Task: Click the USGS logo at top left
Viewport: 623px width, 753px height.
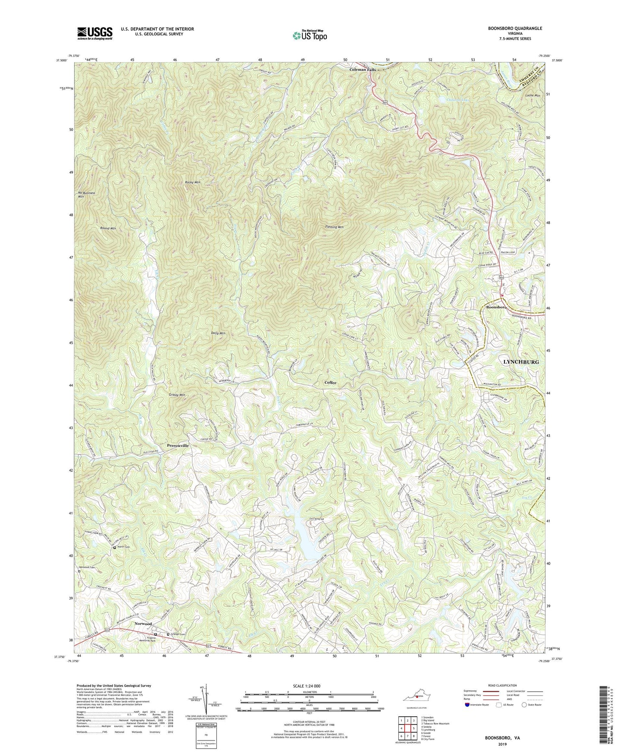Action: pyautogui.click(x=95, y=33)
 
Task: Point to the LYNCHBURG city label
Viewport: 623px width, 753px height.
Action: pyautogui.click(x=521, y=362)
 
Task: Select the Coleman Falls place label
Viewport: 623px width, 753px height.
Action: pyautogui.click(x=362, y=69)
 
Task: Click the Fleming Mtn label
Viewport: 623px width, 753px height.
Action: pyautogui.click(x=334, y=227)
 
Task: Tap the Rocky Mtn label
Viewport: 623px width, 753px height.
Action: pyautogui.click(x=192, y=183)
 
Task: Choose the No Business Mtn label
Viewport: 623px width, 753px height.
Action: pyautogui.click(x=86, y=195)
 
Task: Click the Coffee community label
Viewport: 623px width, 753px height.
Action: pyautogui.click(x=330, y=383)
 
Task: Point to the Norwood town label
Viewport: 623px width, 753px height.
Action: pyautogui.click(x=143, y=624)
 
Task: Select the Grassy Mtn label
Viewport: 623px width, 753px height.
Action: pyautogui.click(x=177, y=395)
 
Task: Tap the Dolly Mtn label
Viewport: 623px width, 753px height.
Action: pyautogui.click(x=218, y=333)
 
